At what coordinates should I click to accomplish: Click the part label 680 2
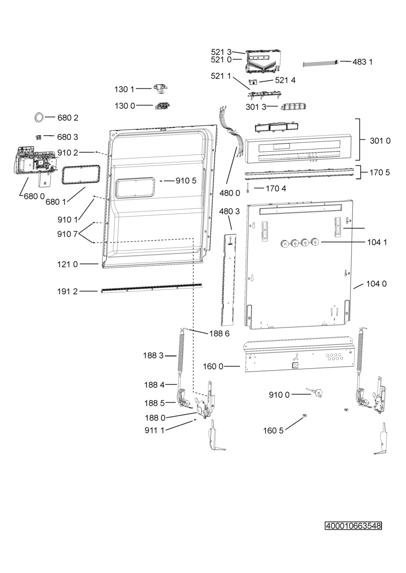point(67,117)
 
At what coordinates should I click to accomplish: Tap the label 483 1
point(362,62)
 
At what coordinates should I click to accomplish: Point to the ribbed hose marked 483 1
point(321,63)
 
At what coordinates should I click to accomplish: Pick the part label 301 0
point(380,141)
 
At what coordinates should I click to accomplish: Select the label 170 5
point(380,172)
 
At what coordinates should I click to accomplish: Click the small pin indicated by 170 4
point(248,188)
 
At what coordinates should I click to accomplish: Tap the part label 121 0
point(67,264)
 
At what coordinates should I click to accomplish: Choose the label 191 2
point(67,291)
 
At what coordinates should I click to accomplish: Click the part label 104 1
point(377,242)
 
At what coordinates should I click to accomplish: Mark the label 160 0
point(213,367)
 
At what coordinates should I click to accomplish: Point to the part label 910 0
point(279,395)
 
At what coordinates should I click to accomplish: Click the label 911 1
point(154,430)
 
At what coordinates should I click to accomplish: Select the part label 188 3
point(153,355)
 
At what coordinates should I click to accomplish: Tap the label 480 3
point(230,211)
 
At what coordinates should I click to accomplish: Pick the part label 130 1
point(124,89)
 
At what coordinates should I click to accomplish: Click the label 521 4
point(285,80)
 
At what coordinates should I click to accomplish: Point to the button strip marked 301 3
point(294,106)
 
